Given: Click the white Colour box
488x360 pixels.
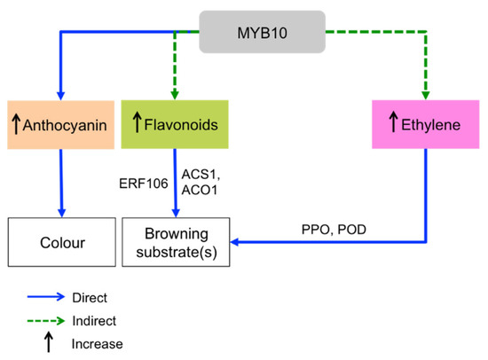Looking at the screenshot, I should [x=60, y=240].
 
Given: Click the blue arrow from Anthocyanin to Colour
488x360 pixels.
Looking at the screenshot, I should [x=60, y=182].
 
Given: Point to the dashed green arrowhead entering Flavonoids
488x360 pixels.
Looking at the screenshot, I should [x=176, y=94].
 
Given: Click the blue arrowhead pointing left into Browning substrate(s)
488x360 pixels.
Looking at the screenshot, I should [x=235, y=240].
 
